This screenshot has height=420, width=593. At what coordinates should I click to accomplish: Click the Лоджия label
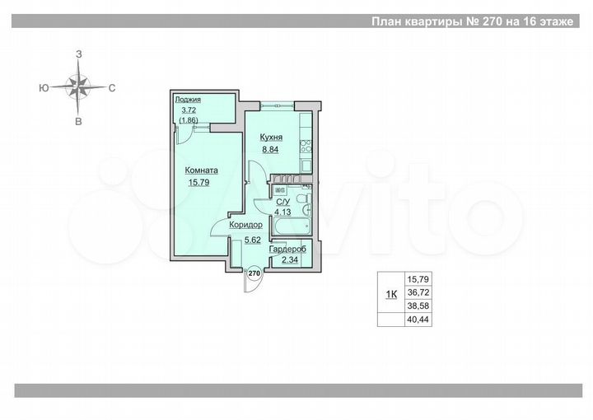click(186, 100)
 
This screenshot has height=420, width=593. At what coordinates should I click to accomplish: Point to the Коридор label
click(245, 225)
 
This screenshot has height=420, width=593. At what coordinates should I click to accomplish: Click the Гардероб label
click(290, 250)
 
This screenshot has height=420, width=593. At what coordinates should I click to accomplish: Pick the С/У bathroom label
click(282, 202)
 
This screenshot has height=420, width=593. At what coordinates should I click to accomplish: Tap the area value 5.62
click(251, 240)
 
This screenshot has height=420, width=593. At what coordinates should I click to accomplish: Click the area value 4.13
click(282, 212)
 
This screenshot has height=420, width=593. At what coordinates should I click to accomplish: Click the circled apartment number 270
click(254, 273)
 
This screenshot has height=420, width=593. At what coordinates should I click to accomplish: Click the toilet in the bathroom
click(304, 200)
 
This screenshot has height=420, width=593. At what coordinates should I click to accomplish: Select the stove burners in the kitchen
click(305, 147)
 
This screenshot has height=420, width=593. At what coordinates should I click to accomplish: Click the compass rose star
click(78, 86)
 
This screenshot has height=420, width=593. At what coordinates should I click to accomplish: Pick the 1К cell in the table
click(391, 292)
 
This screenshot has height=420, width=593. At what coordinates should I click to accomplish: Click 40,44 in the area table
click(418, 320)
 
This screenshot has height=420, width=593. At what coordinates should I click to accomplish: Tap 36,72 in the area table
click(418, 292)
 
